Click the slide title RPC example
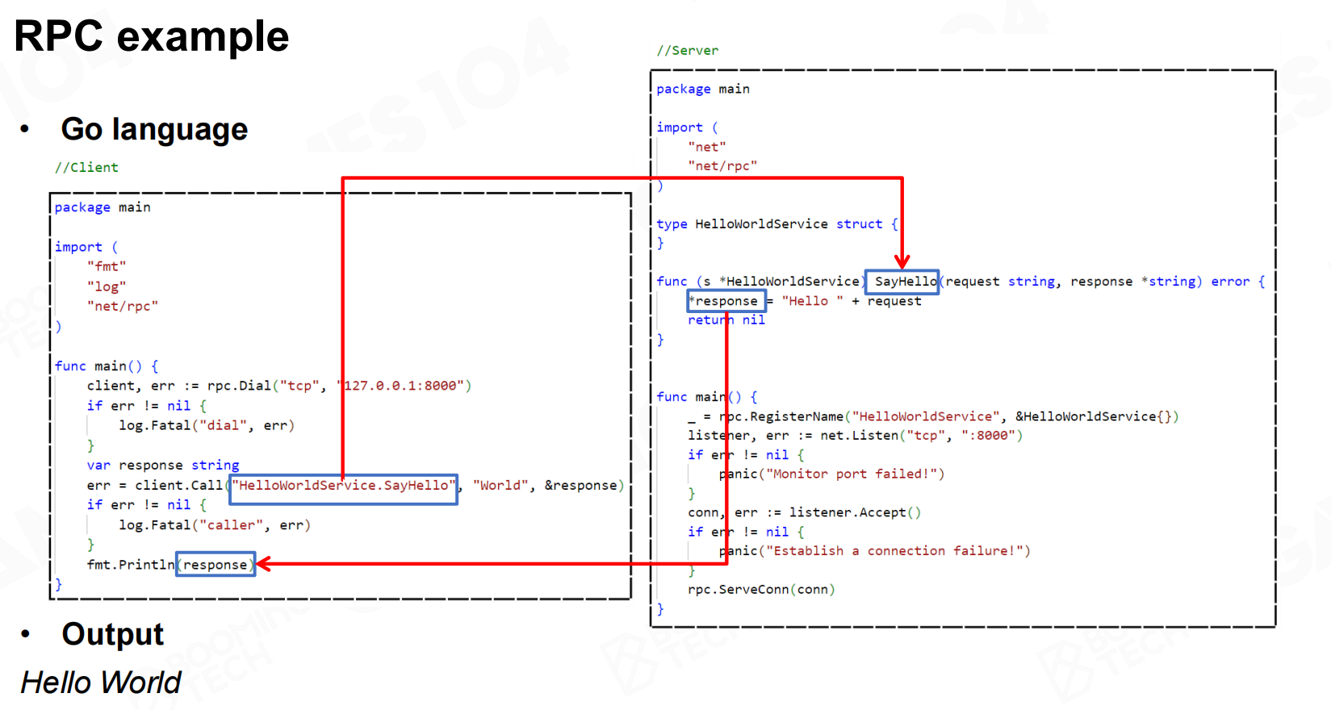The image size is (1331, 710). [152, 36]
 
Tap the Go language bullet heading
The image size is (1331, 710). [154, 129]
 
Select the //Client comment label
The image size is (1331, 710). [86, 167]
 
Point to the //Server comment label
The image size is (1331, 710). [687, 50]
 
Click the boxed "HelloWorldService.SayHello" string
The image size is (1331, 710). [344, 486]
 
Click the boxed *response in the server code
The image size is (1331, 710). [726, 301]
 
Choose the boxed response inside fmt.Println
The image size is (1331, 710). [216, 565]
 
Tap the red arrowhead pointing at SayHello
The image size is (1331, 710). [902, 262]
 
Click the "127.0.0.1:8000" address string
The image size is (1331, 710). [405, 386]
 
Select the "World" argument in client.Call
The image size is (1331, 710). [500, 486]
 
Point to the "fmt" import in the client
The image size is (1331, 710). [107, 266]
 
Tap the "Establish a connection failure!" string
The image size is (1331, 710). [898, 551]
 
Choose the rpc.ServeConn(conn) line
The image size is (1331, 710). [761, 589]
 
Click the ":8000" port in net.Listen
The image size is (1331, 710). [990, 436]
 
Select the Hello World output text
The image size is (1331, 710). [101, 683]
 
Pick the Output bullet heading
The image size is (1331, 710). [113, 634]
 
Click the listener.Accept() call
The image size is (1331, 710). [854, 512]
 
